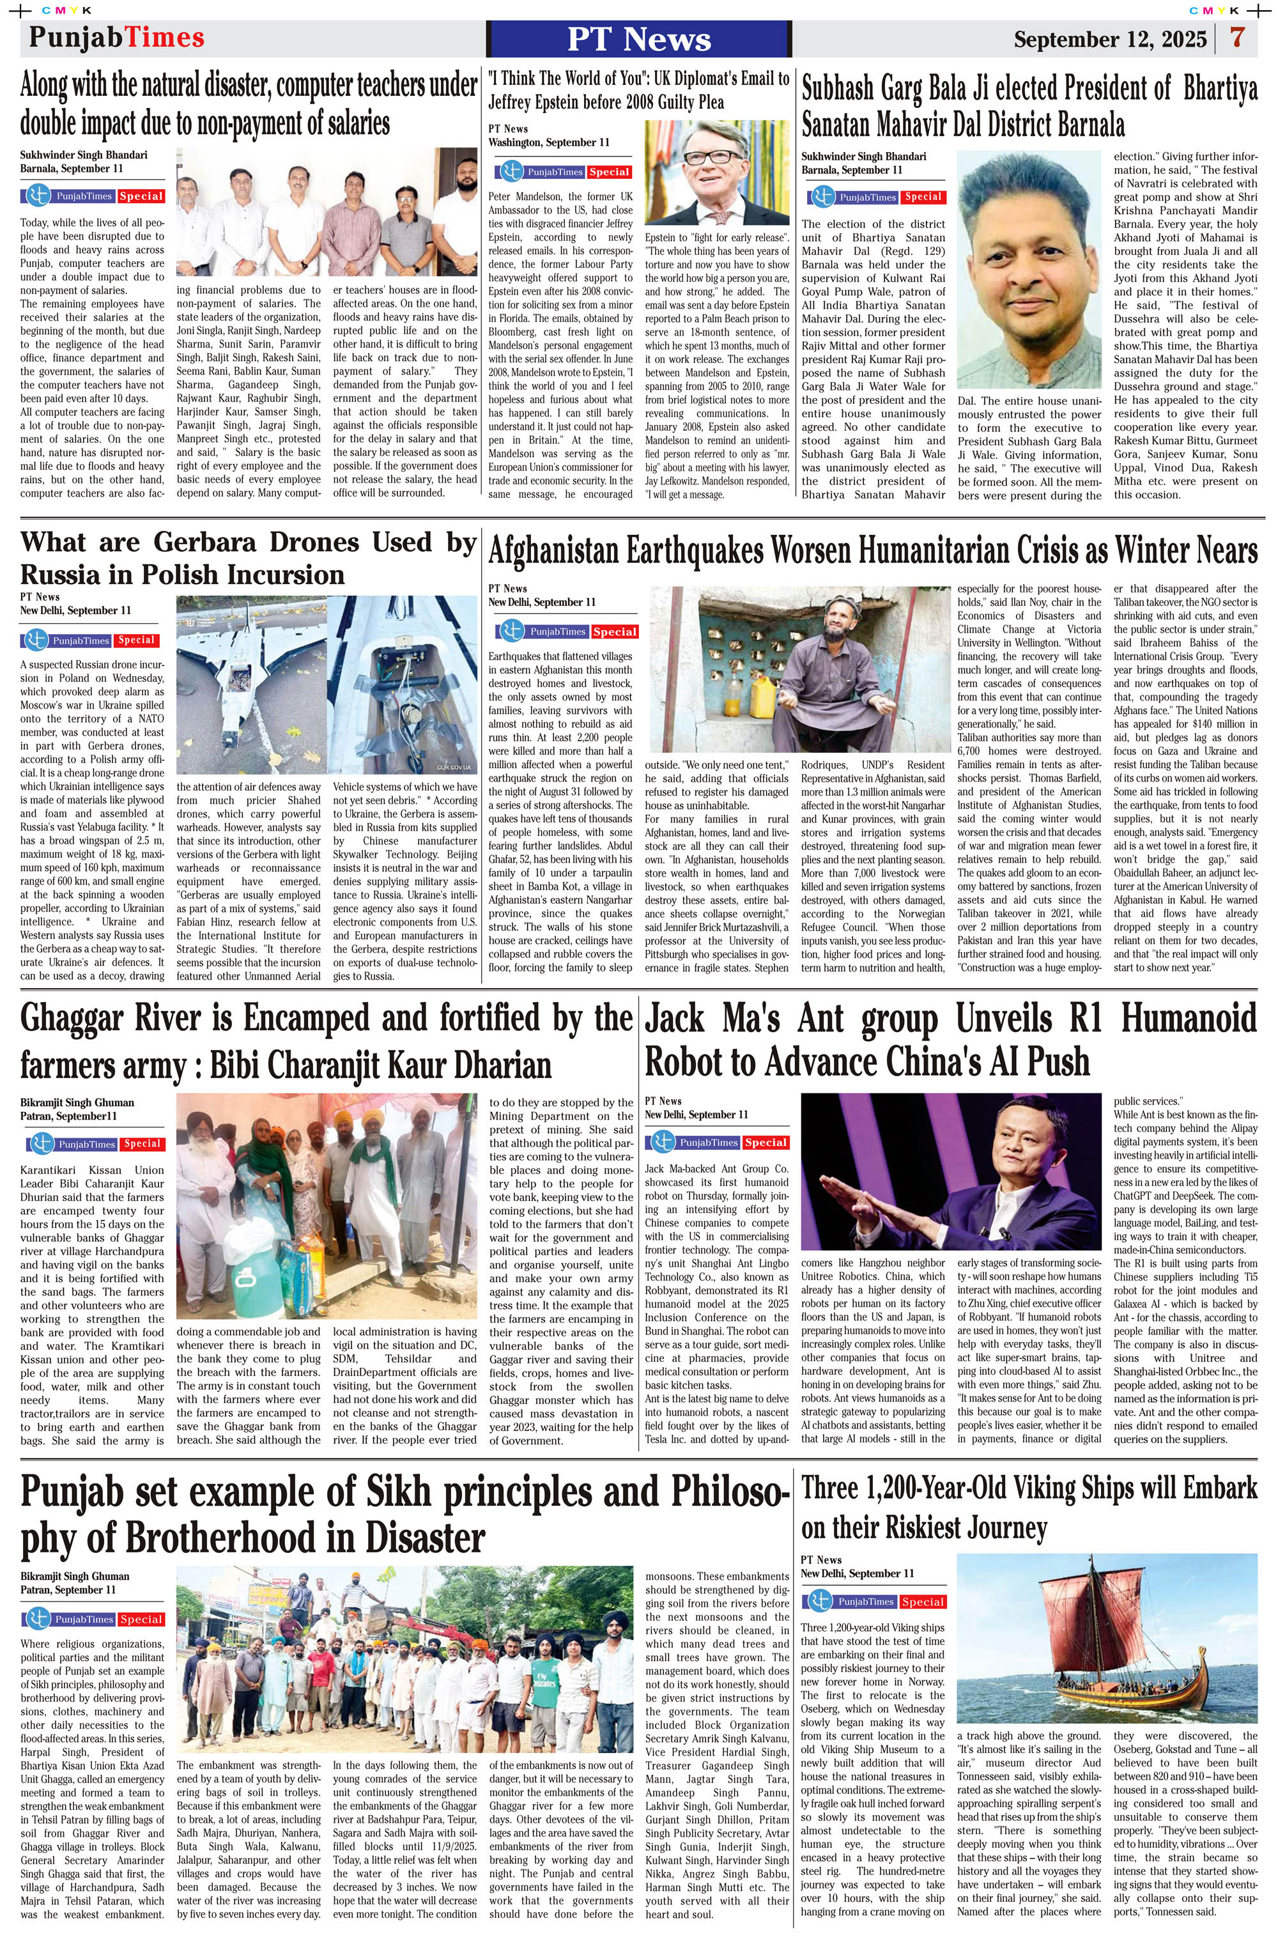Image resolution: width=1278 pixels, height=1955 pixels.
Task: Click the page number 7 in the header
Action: pos(1237,38)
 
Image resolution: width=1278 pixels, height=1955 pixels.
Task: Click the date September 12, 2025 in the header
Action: pos(1110,40)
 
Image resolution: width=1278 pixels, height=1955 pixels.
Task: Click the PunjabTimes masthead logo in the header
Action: pos(117,38)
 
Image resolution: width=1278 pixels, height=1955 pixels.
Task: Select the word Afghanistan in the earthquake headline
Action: pos(553,551)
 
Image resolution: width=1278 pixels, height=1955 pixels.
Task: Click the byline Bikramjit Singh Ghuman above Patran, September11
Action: pos(77,1102)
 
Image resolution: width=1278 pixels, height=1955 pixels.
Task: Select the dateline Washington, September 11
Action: pos(549,142)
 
